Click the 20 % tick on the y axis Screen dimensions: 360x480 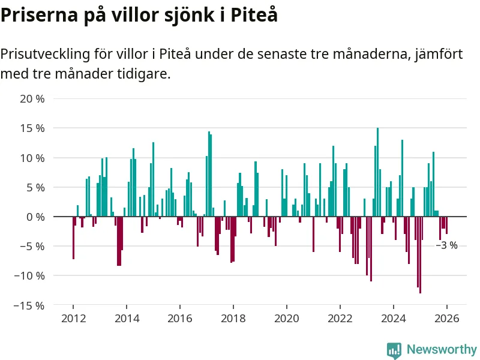pyautogui.click(x=32, y=99)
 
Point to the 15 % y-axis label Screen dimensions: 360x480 pyautogui.click(x=32, y=128)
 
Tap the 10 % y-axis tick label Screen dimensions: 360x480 pyautogui.click(x=32, y=158)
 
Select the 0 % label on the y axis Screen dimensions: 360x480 pyautogui.click(x=35, y=217)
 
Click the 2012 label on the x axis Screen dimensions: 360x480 pyautogui.click(x=73, y=319)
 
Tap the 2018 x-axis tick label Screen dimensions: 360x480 pyautogui.click(x=233, y=319)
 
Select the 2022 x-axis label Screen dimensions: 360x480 pyautogui.click(x=340, y=319)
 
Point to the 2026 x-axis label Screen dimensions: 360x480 pyautogui.click(x=447, y=319)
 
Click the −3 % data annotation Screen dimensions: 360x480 pyautogui.click(x=446, y=245)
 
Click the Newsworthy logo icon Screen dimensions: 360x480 pyautogui.click(x=394, y=350)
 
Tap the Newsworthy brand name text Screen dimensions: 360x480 pyautogui.click(x=442, y=350)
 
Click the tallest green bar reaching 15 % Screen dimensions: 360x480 pyautogui.click(x=377, y=172)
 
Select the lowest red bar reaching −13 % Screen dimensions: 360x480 pyautogui.click(x=420, y=255)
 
